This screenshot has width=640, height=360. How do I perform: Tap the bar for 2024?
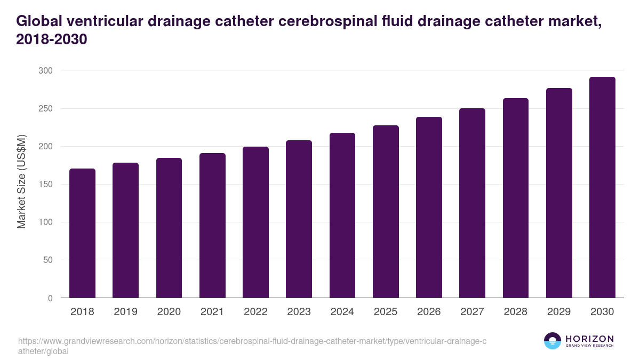342,215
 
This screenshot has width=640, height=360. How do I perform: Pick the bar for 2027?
473,203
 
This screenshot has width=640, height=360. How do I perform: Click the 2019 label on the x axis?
125,312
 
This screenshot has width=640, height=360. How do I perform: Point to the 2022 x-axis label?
255,312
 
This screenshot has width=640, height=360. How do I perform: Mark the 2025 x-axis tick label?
386,312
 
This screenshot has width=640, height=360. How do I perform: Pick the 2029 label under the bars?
559,312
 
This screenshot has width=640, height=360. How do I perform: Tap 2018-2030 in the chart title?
51,40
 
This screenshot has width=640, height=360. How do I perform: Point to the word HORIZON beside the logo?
589,339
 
